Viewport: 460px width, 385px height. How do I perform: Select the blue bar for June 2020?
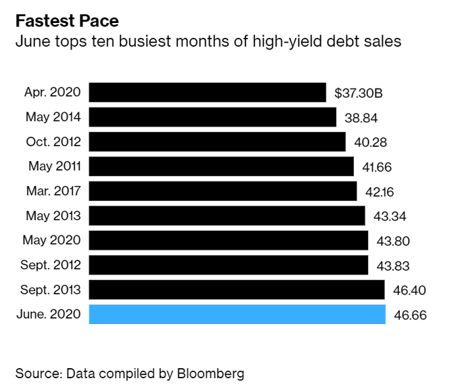(237, 315)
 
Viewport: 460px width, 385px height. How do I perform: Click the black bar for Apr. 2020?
(207, 92)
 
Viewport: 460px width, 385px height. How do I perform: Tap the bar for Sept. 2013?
(237, 290)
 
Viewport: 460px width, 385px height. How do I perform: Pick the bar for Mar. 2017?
(223, 191)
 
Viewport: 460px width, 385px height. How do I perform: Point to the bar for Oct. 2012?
(217, 141)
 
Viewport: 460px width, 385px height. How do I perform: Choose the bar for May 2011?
(221, 166)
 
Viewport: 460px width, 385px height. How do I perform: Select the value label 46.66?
(410, 315)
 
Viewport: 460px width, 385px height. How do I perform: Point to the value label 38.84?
(361, 118)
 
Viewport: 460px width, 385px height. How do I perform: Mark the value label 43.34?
(391, 217)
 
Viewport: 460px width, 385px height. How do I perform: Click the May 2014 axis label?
(53, 117)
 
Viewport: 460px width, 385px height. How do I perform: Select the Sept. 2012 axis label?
(51, 265)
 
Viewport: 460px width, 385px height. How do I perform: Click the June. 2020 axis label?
(49, 315)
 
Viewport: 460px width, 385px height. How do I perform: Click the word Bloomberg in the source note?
(211, 373)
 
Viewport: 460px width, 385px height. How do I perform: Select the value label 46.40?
(410, 291)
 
